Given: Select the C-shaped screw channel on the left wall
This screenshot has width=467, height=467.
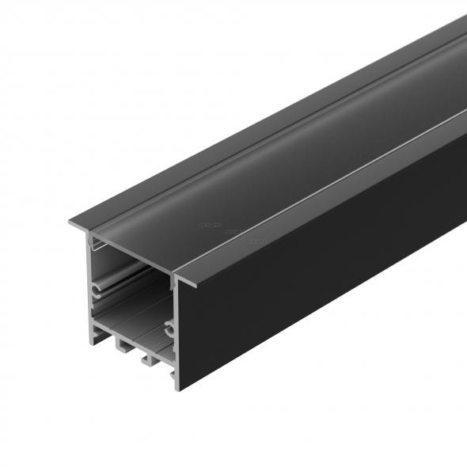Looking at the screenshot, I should pos(97,290).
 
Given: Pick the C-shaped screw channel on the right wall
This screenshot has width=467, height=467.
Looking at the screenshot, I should pos(169,327).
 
